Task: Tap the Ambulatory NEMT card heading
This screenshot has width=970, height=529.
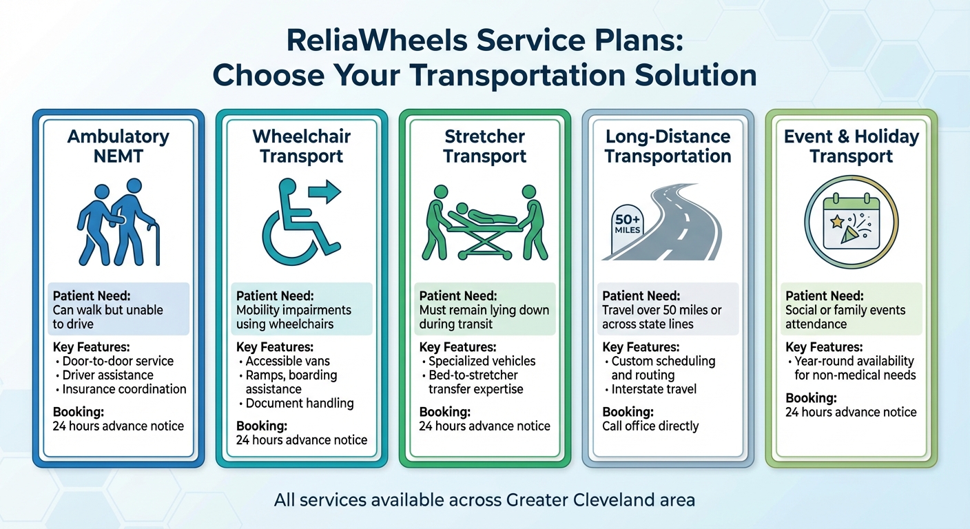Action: (x=118, y=146)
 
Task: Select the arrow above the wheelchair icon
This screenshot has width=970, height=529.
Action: (x=322, y=190)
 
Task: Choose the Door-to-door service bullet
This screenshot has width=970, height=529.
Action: (x=118, y=361)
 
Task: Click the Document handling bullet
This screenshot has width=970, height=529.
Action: (x=300, y=403)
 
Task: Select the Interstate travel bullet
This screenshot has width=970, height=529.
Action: (x=654, y=389)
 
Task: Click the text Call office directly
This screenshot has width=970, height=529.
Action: (x=650, y=426)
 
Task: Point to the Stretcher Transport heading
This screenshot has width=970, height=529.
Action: (x=484, y=146)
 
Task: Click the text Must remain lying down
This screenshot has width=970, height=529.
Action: (x=484, y=310)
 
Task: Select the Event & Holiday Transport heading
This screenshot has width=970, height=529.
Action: (x=851, y=146)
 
